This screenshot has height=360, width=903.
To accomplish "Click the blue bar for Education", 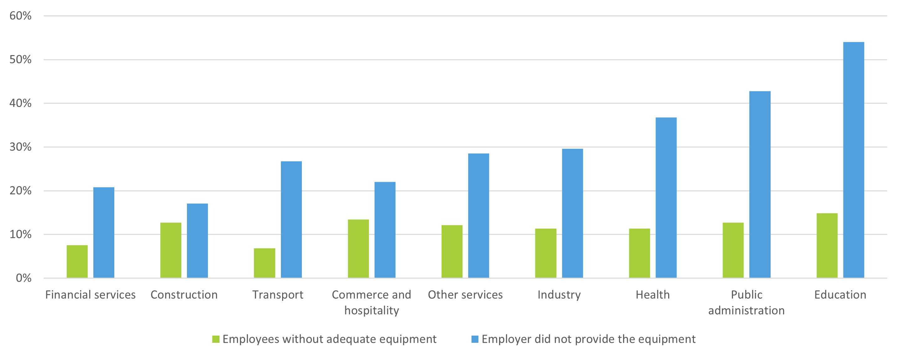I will coord(853,160).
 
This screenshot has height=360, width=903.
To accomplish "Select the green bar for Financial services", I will coord(77,261).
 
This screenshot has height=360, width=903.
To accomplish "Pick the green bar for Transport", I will coord(264,263).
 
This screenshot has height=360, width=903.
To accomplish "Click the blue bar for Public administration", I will coord(760,184).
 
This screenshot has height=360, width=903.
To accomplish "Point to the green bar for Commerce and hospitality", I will coord(358,249).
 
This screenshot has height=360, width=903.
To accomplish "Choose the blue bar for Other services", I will coord(478,216).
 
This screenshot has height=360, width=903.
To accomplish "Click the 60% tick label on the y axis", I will coord(20,16).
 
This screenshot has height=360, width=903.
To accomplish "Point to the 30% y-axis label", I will coord(20,147).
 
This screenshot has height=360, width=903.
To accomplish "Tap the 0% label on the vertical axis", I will coord(23,278).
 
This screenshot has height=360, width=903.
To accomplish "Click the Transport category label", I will coord(278,295).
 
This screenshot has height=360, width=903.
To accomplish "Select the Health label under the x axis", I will coord(653,295).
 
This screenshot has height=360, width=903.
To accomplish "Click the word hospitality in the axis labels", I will coord(372,310).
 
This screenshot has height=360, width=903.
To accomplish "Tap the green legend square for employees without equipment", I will coord(216,339).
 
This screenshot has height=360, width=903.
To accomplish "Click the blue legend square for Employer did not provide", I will coord(475,339).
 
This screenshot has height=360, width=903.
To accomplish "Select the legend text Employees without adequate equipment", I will coord(329,339).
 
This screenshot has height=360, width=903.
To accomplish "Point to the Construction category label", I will coord(184,295).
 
